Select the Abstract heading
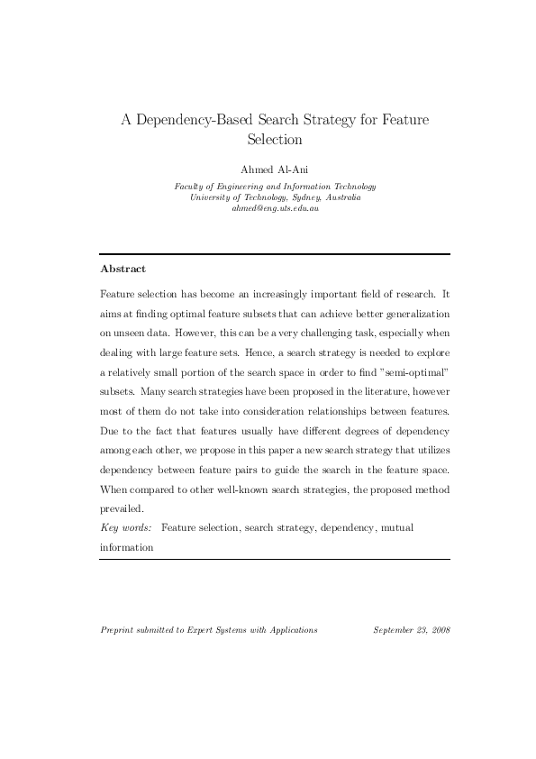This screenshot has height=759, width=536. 123,269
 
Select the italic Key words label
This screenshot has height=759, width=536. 126,527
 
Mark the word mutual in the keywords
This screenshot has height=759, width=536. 397,527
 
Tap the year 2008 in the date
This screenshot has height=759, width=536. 439,630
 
